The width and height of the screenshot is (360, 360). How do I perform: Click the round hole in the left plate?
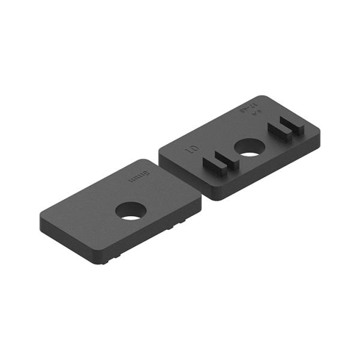131,211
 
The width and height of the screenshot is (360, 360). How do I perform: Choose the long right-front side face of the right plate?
270,171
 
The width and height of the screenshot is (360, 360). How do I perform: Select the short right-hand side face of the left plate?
156,234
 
